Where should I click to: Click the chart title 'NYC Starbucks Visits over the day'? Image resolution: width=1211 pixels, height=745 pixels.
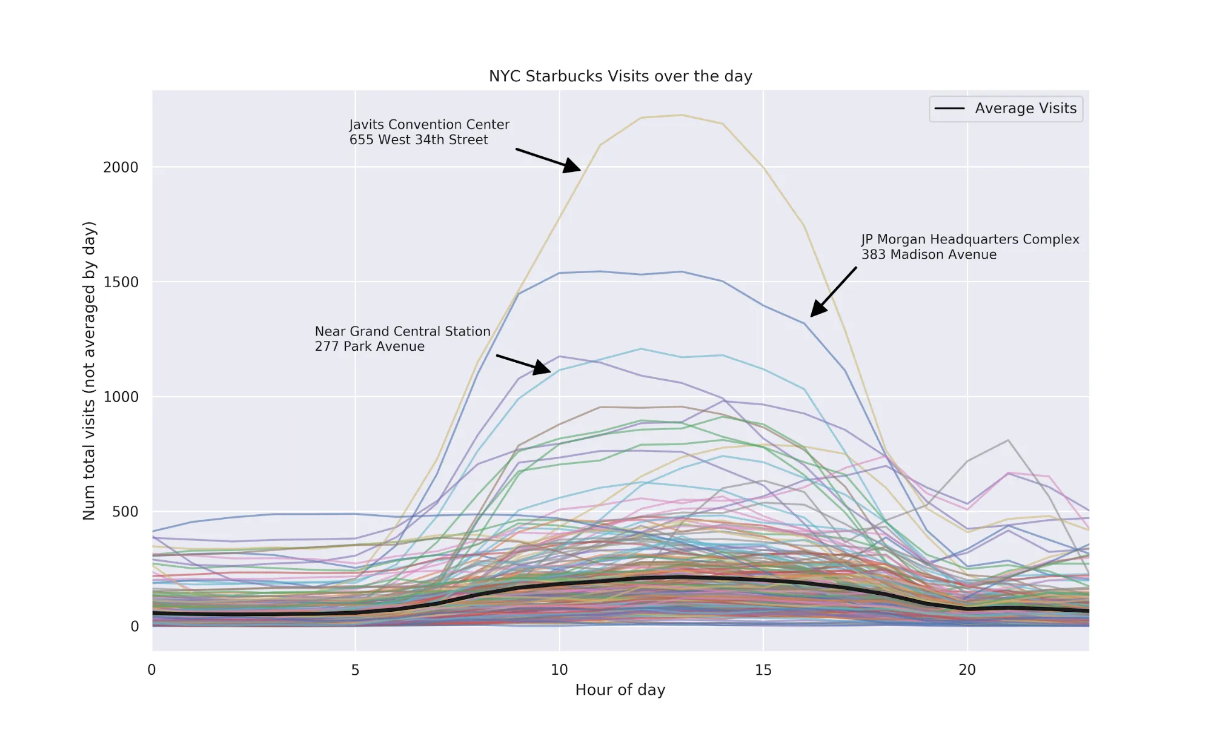[x=620, y=76]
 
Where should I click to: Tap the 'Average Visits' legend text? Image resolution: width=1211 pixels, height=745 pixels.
[x=1026, y=108]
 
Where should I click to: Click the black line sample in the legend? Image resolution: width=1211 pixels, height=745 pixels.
[x=949, y=109]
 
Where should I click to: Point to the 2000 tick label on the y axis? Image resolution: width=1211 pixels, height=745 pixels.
[x=121, y=167]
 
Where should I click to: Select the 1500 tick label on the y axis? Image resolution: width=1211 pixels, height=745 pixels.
[x=121, y=282]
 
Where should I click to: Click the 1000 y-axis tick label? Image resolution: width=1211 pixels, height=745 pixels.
[x=121, y=397]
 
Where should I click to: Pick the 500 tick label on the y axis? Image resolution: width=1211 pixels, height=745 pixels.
[x=125, y=512]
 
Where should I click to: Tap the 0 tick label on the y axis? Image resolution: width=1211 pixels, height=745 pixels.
[x=134, y=626]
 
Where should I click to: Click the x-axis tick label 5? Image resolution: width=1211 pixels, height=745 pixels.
[x=355, y=670]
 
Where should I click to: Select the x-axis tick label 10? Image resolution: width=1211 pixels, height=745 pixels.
[x=559, y=670]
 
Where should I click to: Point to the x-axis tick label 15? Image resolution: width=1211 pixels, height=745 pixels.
[x=763, y=670]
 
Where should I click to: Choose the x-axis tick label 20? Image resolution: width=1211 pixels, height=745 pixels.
[x=967, y=670]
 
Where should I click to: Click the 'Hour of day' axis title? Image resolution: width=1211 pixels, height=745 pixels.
[x=620, y=690]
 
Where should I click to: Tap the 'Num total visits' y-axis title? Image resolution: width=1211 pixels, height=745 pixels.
[x=89, y=371]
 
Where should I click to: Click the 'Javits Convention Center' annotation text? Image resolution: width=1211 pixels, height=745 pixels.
[x=429, y=125]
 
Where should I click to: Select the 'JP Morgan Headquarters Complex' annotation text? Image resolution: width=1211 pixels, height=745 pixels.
[x=970, y=239]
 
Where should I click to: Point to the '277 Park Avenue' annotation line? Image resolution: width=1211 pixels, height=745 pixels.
[x=370, y=346]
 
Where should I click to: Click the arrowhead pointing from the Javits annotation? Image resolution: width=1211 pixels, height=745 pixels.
[x=572, y=166]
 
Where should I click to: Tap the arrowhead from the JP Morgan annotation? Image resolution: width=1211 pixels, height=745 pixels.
[x=817, y=310]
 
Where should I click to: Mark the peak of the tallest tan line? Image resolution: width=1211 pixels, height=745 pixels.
[x=682, y=115]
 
